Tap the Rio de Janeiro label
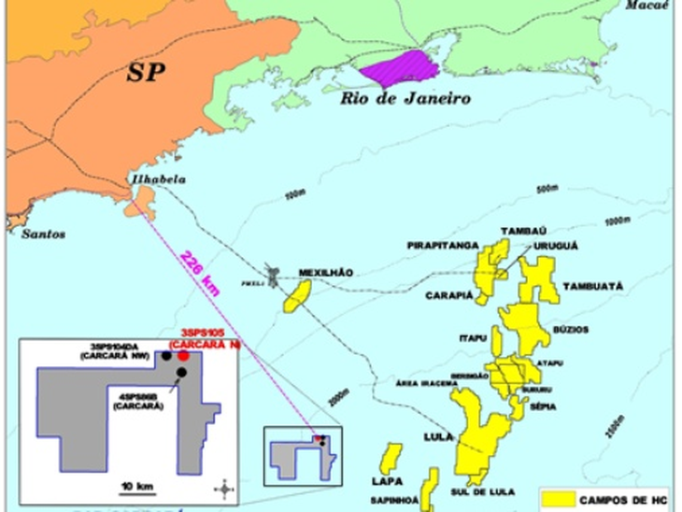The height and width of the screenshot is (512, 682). [x=404, y=99]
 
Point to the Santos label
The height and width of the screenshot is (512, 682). [x=45, y=235]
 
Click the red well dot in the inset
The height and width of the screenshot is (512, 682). [x=184, y=355]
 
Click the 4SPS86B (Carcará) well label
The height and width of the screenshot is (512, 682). [x=138, y=401]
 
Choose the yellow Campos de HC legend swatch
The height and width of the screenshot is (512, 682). [x=554, y=498]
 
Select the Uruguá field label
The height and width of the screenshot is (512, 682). [x=556, y=245]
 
